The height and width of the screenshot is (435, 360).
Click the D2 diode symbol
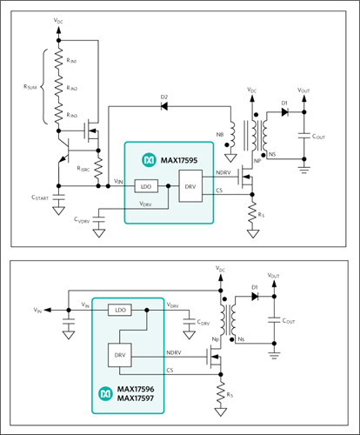tap(164, 106)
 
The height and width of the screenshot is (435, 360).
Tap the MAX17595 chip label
tap(179, 160)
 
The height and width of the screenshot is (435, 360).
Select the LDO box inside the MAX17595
tap(146, 186)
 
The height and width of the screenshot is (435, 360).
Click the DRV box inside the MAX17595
tap(190, 186)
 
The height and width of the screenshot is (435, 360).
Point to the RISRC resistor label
tap(83, 169)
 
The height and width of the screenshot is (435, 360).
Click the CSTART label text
tap(40, 197)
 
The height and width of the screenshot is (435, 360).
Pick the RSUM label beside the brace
tap(30, 87)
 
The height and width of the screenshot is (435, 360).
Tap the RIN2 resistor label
tap(72, 88)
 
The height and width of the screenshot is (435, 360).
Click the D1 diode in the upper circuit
tap(285, 112)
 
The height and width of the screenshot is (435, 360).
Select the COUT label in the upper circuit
tap(318, 137)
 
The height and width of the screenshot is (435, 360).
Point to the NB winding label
tap(220, 135)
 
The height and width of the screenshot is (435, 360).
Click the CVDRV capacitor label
tap(82, 220)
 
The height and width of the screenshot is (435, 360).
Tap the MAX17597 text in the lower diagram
tap(136, 398)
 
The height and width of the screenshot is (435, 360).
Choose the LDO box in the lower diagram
tap(120, 310)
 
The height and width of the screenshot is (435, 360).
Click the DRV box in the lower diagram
tap(120, 355)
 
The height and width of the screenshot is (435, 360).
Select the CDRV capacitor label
tap(203, 322)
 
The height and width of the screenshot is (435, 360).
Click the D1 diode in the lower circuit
tap(255, 297)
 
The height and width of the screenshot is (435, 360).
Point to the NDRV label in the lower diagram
tap(174, 352)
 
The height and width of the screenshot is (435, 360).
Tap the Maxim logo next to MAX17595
tap(149, 160)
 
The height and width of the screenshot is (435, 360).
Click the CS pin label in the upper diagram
tap(219, 191)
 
